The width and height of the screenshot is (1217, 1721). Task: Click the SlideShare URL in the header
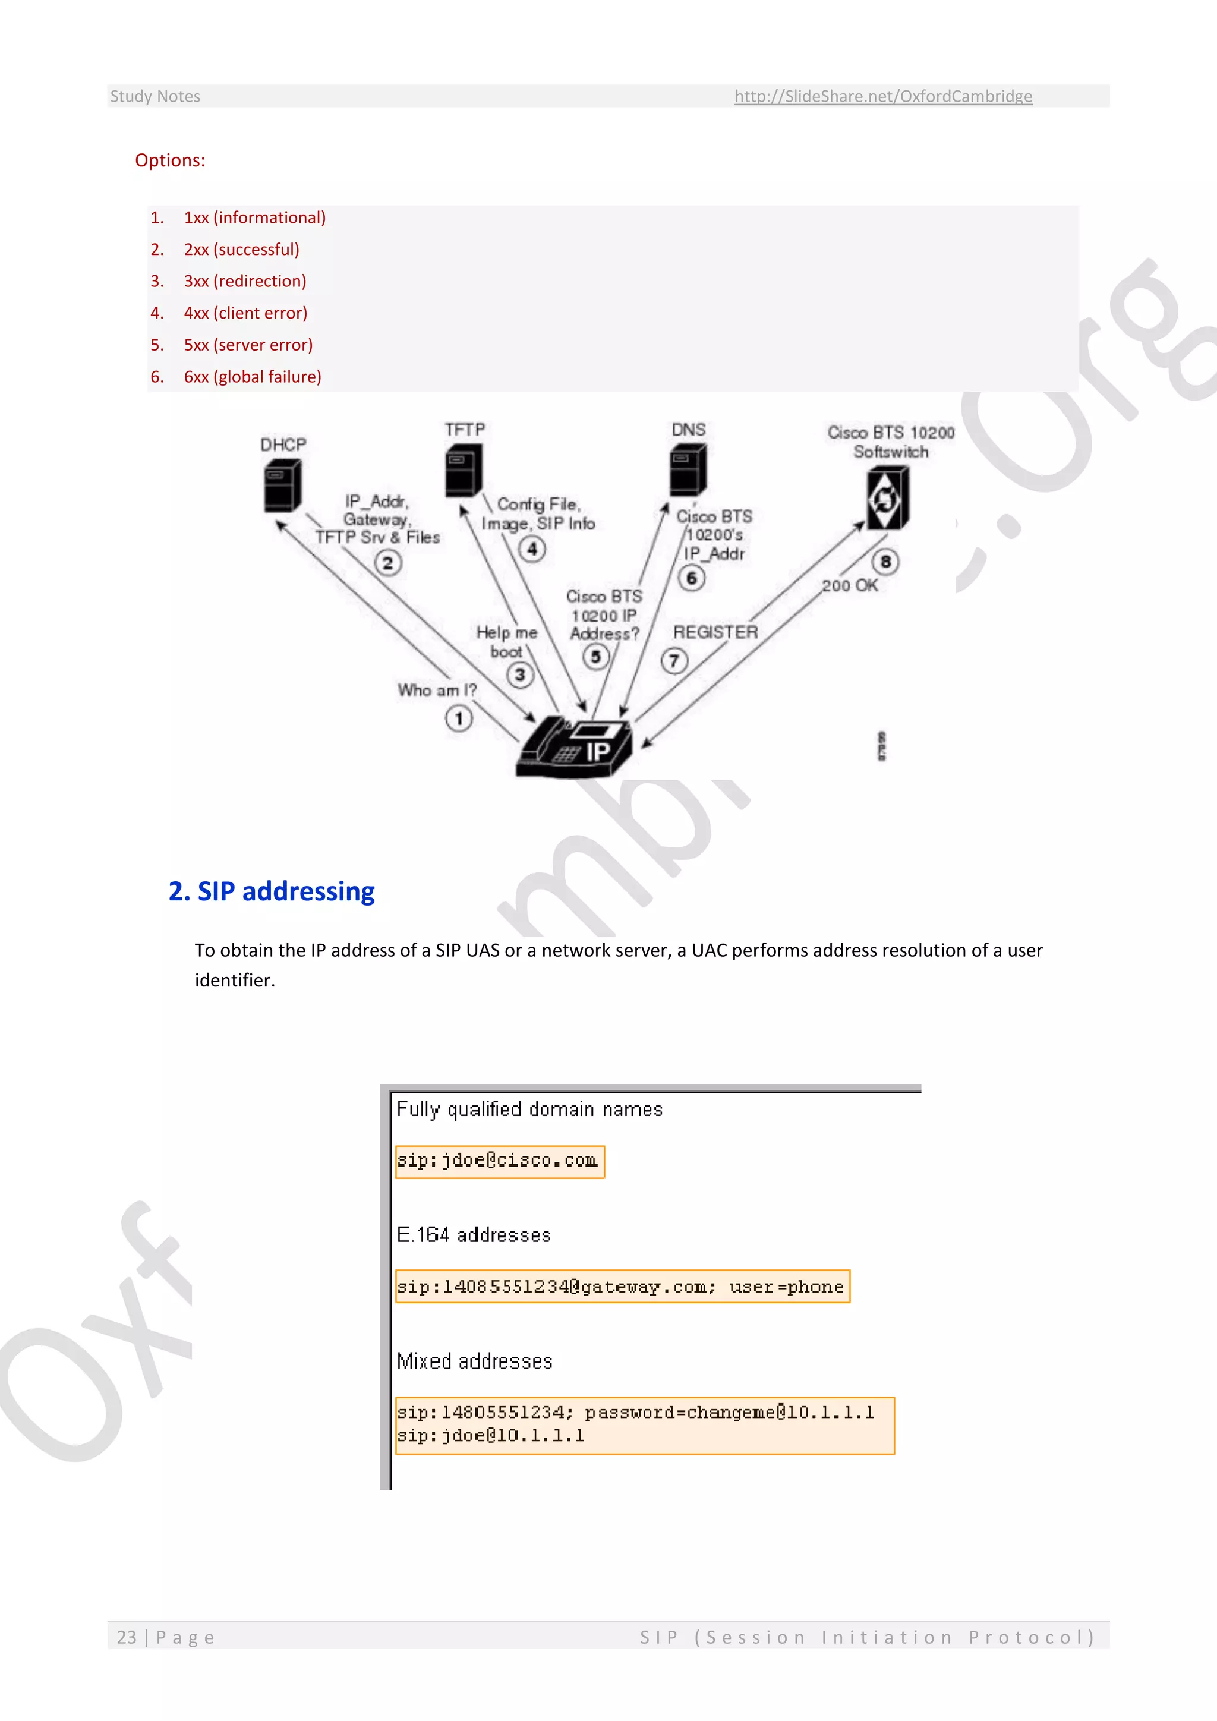tap(883, 96)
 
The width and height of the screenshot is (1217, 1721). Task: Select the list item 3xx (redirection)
tap(245, 281)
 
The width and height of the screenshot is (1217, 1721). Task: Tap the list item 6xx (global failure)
tap(253, 376)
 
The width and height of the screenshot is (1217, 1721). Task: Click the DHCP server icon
tap(282, 486)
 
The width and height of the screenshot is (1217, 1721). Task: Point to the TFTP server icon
tap(463, 470)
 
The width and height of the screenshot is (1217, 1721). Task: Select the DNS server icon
tap(687, 469)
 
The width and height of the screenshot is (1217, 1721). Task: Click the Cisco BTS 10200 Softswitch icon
tap(887, 498)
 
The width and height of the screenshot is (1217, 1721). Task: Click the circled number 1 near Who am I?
tap(459, 719)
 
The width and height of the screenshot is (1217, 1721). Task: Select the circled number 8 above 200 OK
tap(885, 562)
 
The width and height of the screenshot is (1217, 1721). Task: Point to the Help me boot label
tap(506, 642)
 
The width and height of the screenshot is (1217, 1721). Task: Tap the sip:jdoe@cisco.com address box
tap(500, 1161)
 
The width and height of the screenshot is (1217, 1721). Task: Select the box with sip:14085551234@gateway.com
tap(622, 1286)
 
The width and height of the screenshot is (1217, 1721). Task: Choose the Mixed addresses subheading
tap(474, 1361)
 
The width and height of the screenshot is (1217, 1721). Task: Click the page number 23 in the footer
tap(127, 1637)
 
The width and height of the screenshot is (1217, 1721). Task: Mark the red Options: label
tap(170, 160)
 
